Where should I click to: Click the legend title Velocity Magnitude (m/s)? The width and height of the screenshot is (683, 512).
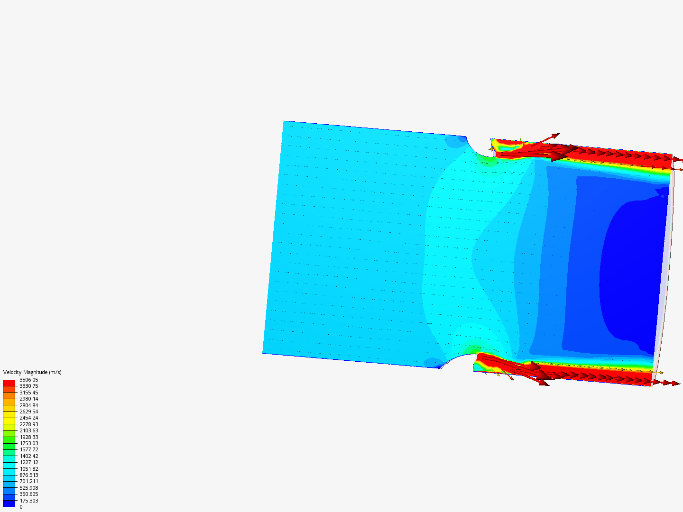tap(32, 373)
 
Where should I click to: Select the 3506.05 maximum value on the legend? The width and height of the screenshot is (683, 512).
tap(28, 380)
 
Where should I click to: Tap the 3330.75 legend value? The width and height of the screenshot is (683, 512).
tap(28, 386)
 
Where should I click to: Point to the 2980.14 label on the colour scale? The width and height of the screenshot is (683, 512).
tap(28, 399)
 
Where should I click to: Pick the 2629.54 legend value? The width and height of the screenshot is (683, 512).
tap(28, 411)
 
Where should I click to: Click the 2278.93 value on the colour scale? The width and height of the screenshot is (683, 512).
tap(28, 424)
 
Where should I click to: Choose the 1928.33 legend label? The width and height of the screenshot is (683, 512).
tap(28, 437)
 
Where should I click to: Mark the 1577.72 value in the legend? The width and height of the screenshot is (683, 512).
tap(28, 449)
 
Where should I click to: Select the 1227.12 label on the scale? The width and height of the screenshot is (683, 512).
tap(28, 462)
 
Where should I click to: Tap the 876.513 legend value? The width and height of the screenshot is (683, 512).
tap(28, 475)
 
